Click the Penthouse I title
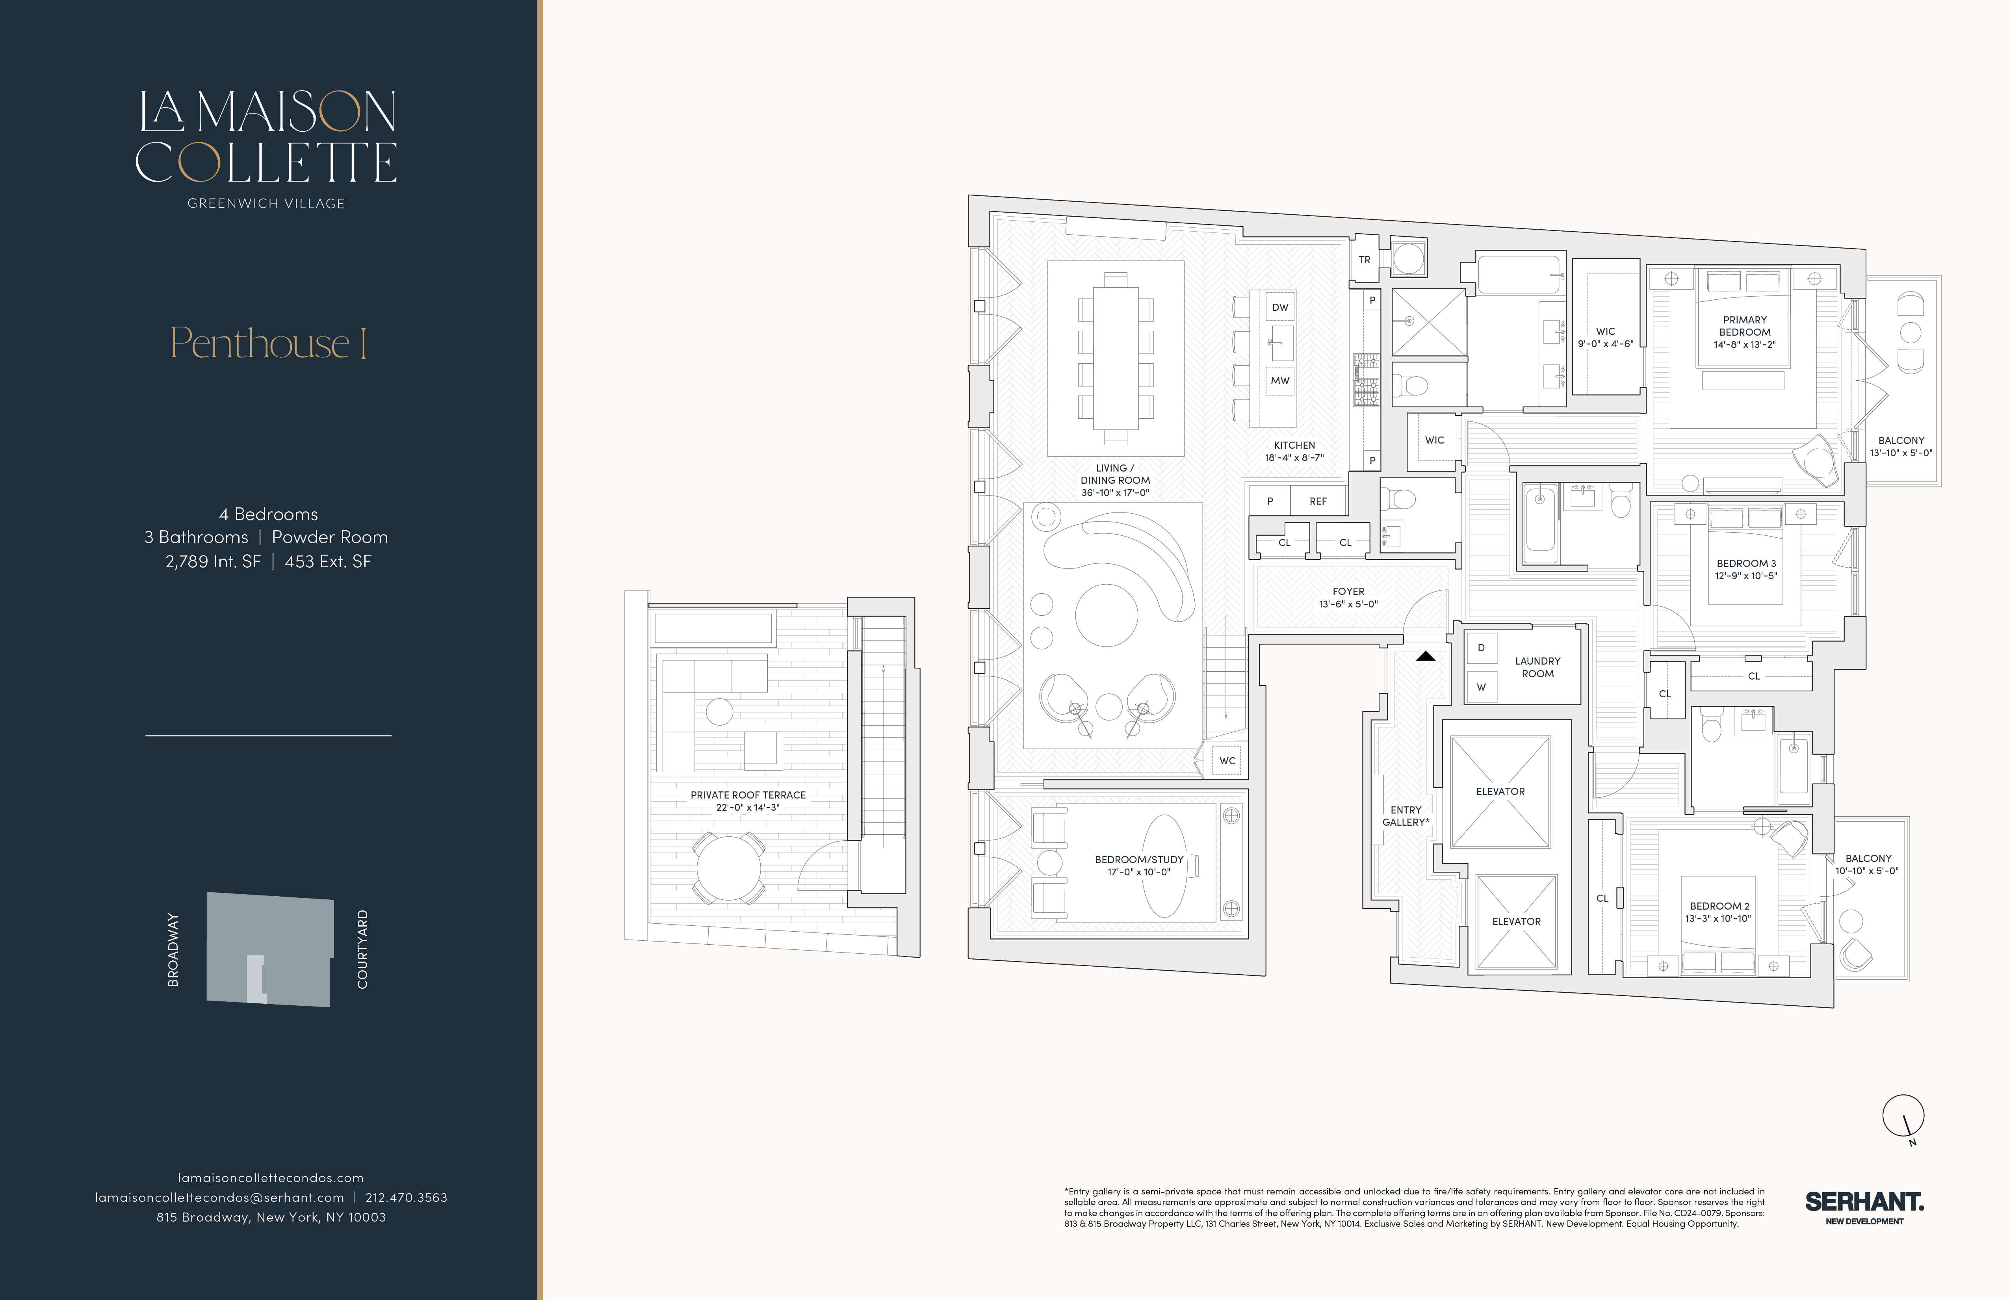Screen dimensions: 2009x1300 [268, 343]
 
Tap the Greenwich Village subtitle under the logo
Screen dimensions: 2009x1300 [266, 203]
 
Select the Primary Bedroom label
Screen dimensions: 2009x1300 [1745, 326]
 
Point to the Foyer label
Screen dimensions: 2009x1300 [1348, 592]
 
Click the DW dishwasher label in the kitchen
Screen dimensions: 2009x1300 [1280, 307]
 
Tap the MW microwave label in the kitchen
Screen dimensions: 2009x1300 [1280, 381]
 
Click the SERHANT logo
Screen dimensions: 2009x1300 [1864, 1206]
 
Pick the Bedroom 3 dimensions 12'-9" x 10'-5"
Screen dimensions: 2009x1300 [1745, 576]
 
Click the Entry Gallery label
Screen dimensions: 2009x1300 [1406, 815]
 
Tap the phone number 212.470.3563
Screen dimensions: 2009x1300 [406, 1197]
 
